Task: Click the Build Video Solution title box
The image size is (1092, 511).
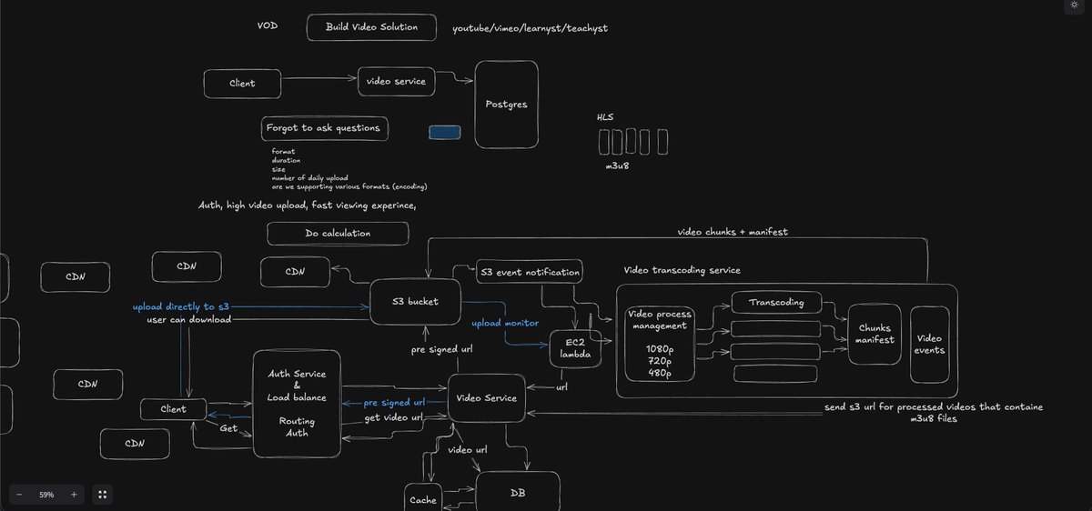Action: (371, 27)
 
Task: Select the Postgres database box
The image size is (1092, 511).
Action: (506, 105)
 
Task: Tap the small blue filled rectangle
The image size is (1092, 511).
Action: (444, 133)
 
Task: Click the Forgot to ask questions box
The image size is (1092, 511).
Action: (324, 128)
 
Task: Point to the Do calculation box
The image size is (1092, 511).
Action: (337, 234)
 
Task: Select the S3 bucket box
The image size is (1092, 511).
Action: (415, 302)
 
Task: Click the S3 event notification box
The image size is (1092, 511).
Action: (529, 271)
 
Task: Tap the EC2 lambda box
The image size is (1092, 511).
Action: (576, 349)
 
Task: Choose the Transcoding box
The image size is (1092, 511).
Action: (776, 303)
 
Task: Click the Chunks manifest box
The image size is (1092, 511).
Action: (875, 334)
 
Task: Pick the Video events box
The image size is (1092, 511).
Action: (928, 344)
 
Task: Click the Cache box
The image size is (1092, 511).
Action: (423, 499)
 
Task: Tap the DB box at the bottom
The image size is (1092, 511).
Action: (518, 493)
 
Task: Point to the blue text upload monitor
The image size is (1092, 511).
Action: (504, 323)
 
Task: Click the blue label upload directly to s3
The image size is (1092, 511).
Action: (180, 307)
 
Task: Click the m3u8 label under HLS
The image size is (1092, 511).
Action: (619, 167)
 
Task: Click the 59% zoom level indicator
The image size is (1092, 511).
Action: (45, 495)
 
